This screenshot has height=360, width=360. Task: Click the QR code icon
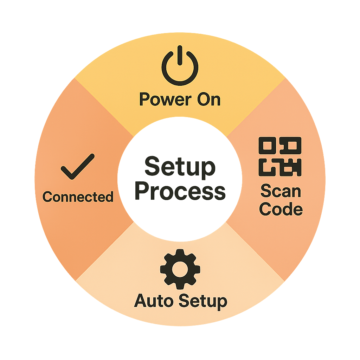pyautogui.click(x=280, y=156)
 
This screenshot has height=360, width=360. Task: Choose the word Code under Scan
pyautogui.click(x=281, y=209)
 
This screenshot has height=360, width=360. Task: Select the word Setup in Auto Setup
pyautogui.click(x=202, y=302)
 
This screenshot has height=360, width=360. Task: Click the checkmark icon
pyautogui.click(x=78, y=166)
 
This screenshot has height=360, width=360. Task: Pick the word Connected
pyautogui.click(x=78, y=197)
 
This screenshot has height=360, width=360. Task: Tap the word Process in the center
pyautogui.click(x=180, y=191)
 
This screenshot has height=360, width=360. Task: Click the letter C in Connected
pyautogui.click(x=47, y=197)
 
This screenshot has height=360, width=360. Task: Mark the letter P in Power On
pyautogui.click(x=145, y=99)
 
